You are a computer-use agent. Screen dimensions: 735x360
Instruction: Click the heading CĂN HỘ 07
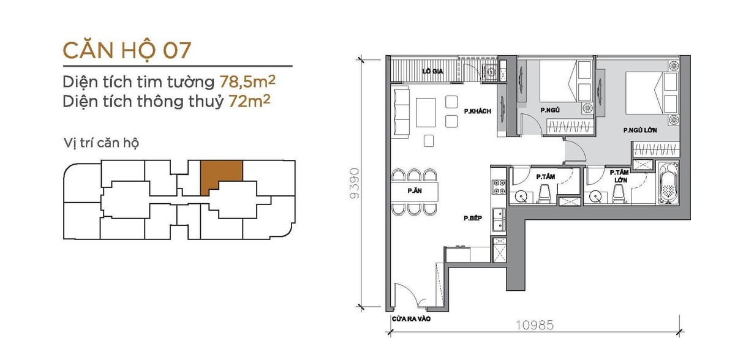[x=127, y=50]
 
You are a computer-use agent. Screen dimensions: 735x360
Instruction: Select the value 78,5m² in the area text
[x=247, y=81]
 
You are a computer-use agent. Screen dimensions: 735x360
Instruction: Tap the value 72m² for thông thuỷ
[x=249, y=101]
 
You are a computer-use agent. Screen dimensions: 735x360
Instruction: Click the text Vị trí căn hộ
[x=102, y=143]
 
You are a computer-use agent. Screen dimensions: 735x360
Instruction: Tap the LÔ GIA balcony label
[x=433, y=71]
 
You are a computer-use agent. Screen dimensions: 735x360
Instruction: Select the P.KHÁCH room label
[x=477, y=111]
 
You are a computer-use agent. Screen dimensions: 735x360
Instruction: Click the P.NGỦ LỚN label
[x=640, y=130]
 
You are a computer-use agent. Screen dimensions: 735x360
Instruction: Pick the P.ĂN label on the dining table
[x=415, y=190]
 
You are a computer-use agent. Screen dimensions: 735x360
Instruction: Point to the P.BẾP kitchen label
[x=473, y=218]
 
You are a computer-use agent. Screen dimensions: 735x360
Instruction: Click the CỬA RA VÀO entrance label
[x=411, y=319]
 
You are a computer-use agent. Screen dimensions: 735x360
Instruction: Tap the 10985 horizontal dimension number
[x=535, y=325]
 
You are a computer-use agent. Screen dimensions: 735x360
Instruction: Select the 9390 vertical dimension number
[x=355, y=183]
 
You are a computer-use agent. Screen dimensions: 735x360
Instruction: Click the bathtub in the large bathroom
[x=668, y=183]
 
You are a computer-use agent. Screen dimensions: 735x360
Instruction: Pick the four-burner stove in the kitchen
[x=499, y=187]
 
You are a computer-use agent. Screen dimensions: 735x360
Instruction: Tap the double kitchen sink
[x=499, y=220]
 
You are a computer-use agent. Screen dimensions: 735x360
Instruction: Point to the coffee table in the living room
[x=426, y=113]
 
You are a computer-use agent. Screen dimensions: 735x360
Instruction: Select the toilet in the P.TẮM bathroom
[x=545, y=194]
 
